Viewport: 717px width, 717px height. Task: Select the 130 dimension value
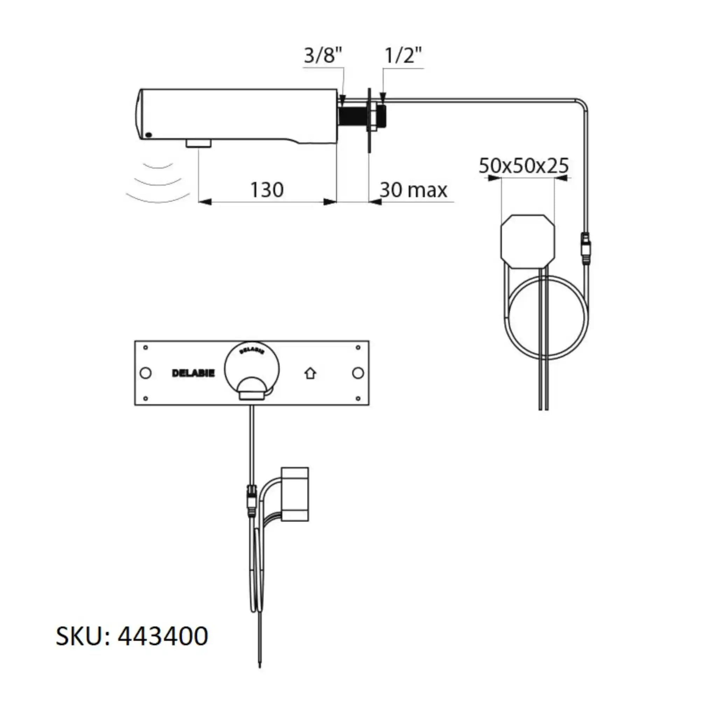click(x=267, y=190)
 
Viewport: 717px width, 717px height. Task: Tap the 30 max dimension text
click(x=413, y=190)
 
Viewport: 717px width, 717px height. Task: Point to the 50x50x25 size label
click(x=523, y=166)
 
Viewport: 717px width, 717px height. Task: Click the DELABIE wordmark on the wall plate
click(x=193, y=373)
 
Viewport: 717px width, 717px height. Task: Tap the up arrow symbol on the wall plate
click(x=310, y=373)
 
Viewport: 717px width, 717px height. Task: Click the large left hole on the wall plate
click(x=146, y=373)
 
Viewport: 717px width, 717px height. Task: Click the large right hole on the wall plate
click(x=358, y=373)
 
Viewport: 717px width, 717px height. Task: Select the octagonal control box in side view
click(x=528, y=241)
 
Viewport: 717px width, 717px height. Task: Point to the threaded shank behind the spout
click(x=352, y=116)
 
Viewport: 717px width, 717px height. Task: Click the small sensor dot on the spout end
click(x=148, y=135)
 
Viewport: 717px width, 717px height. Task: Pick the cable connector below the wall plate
click(x=252, y=500)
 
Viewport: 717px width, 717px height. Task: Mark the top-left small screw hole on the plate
click(x=146, y=348)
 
